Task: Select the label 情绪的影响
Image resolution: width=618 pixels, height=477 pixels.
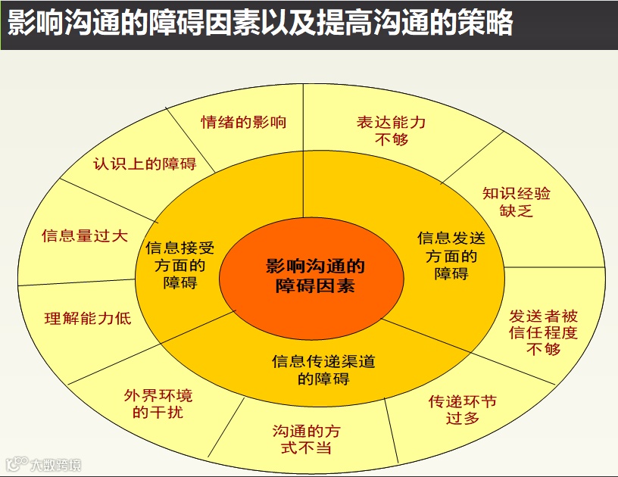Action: [244, 122]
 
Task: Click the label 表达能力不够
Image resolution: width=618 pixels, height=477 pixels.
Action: [392, 130]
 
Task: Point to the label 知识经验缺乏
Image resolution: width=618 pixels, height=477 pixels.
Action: [517, 201]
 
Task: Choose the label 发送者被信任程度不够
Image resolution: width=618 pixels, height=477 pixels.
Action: [543, 332]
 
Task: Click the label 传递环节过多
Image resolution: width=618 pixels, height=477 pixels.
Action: [463, 410]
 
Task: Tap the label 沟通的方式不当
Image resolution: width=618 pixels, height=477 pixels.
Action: [306, 439]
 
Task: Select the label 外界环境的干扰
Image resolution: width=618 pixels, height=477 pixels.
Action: [158, 404]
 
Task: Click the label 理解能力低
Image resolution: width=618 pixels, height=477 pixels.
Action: [88, 319]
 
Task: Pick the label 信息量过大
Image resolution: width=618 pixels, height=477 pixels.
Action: [85, 235]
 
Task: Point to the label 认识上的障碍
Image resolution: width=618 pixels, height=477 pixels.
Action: [145, 164]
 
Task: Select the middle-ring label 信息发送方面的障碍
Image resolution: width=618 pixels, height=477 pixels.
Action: [451, 256]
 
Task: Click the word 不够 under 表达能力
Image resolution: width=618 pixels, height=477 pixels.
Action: [392, 139]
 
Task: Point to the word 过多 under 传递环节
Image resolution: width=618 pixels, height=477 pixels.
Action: [463, 419]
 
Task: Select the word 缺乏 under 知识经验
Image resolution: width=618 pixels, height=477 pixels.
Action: [517, 210]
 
